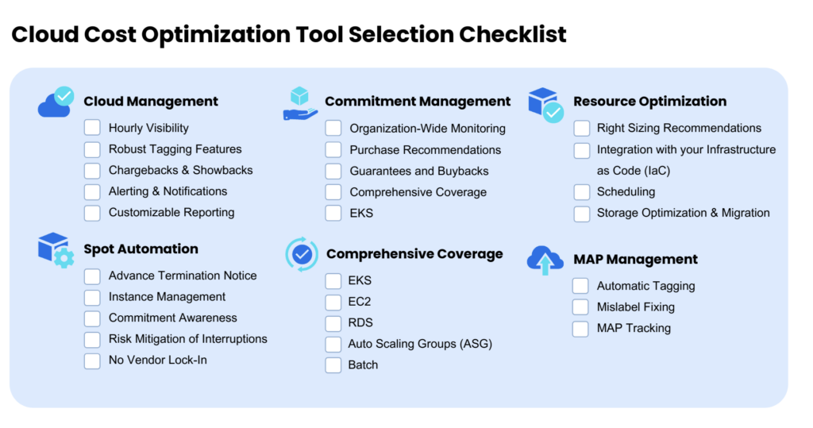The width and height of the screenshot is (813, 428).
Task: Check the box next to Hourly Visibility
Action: coord(93,128)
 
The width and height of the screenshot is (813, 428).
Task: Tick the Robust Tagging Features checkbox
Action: coord(93,149)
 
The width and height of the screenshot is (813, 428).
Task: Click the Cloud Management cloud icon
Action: coord(55,103)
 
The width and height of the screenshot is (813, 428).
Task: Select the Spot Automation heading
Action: coord(141,249)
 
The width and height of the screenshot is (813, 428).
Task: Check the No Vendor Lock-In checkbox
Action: coord(93,361)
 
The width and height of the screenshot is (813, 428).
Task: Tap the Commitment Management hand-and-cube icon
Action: coord(300,104)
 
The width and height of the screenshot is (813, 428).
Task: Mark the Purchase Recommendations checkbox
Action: coord(333,149)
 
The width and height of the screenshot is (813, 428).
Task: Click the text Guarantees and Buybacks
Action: coord(418,171)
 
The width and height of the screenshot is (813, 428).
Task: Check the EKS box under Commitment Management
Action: coord(333,213)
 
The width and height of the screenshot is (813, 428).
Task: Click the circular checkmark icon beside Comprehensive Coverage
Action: coord(301,254)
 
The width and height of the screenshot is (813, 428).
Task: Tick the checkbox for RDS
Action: coord(333,323)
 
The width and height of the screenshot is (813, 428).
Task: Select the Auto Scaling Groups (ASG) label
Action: coord(420,344)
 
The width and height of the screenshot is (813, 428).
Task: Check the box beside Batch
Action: coord(333,365)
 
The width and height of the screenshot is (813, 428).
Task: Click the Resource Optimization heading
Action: coord(649,101)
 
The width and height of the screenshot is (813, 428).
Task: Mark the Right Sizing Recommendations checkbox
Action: coord(582,128)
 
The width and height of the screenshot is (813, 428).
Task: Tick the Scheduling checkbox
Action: coord(582,192)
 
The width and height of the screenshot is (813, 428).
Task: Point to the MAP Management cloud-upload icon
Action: coord(545,260)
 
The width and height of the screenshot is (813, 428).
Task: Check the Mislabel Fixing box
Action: coord(581,307)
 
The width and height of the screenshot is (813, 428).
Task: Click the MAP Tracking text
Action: coord(634,328)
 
